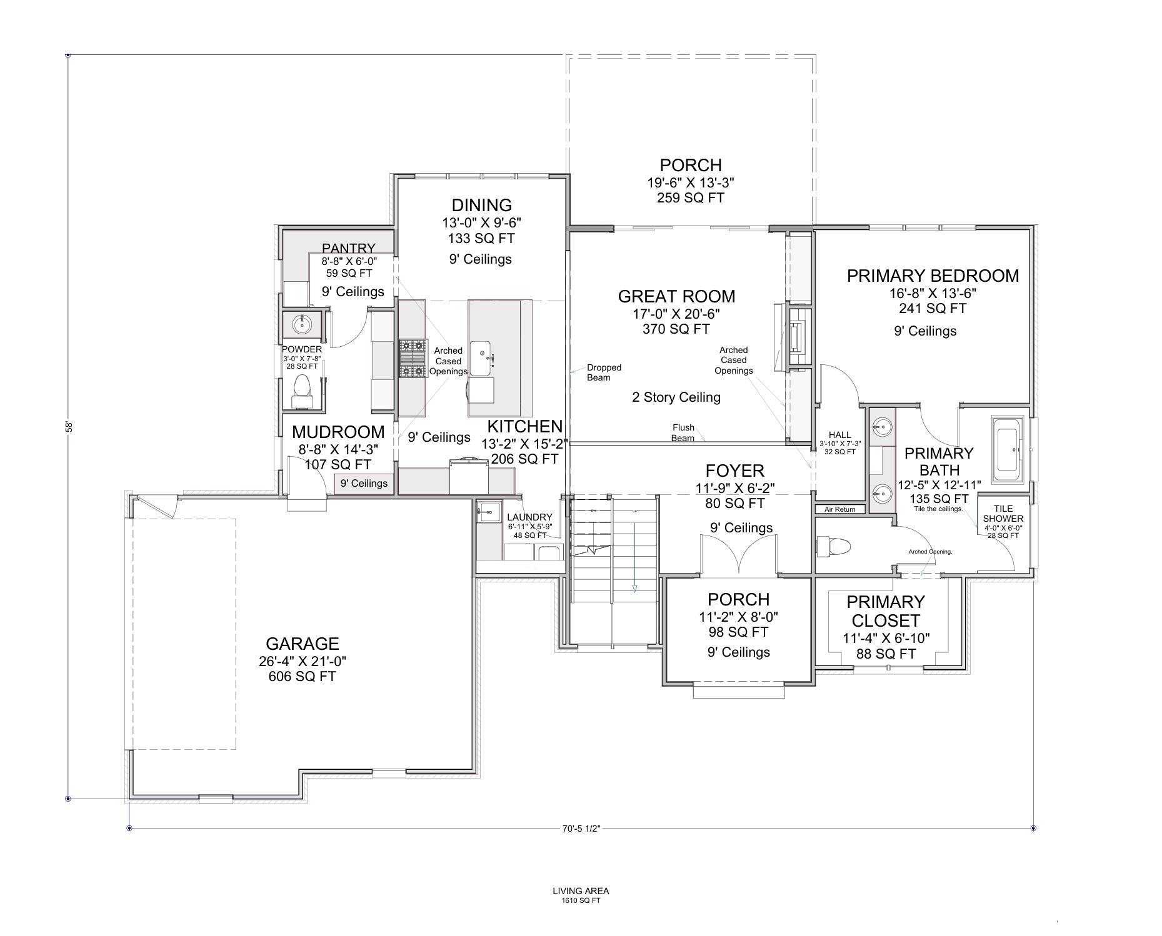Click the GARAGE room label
pos(302,644)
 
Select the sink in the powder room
pos(303,324)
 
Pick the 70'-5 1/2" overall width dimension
pos(581,829)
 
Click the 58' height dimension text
pos(69,427)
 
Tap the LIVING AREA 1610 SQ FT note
pos(581,895)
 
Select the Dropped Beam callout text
pos(603,372)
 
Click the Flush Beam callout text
pos(683,432)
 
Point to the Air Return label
pos(839,509)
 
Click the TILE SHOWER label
pos(1003,514)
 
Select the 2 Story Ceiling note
pos(676,397)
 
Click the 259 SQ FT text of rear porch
pos(690,198)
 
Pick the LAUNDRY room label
pos(529,517)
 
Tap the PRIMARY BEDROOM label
pos(932,276)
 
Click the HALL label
pos(839,435)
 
